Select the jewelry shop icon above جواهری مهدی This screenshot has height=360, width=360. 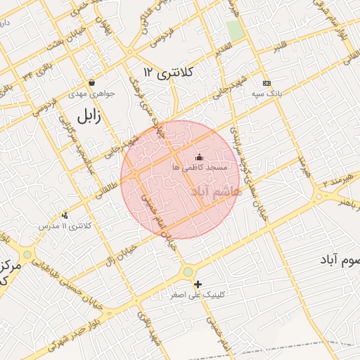(92, 82)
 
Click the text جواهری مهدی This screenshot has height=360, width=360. (87, 93)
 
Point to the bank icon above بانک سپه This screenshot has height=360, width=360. (266, 82)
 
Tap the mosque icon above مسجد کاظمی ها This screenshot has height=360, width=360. (199, 157)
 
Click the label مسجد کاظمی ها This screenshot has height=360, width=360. (199, 167)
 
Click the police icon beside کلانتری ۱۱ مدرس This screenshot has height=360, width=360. (65, 215)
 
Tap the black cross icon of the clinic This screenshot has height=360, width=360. (198, 284)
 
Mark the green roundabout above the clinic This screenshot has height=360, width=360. (188, 272)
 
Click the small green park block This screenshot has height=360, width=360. (236, 30)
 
